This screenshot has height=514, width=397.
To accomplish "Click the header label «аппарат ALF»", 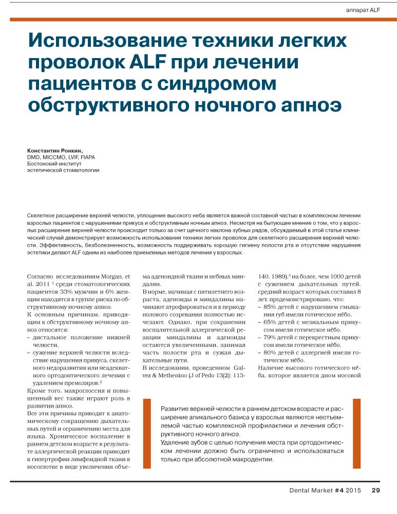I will point(362,10).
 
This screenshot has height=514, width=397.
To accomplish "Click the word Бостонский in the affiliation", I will point(44,163).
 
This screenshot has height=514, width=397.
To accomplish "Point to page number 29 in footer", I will point(376,490).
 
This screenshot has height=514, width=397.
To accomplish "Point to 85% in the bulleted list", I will point(271,307).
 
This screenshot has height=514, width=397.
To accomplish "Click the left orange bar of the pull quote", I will point(147,433).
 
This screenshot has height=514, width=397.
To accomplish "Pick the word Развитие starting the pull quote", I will point(176,408).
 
